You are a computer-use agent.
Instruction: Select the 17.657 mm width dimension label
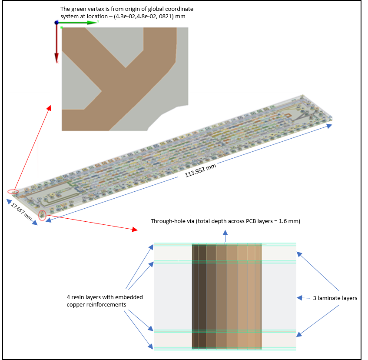21,211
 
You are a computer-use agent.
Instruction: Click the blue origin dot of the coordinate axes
56,22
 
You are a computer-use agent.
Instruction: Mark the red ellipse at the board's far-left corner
13,191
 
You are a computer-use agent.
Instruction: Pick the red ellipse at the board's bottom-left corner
42,215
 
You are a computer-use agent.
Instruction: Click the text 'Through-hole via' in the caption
172,221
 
